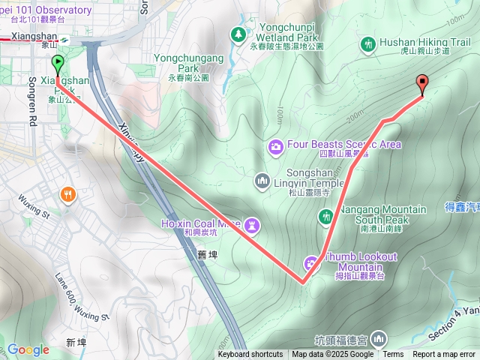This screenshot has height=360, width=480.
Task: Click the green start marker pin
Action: point(58,65)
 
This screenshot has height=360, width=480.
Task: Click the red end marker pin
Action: point(421,84)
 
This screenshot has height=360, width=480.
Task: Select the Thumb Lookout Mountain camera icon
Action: point(311,262)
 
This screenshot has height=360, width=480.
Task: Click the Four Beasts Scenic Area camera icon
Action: point(275,145)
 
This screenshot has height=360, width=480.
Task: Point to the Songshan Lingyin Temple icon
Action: point(262,180)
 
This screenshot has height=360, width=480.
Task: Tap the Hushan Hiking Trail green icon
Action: point(367,44)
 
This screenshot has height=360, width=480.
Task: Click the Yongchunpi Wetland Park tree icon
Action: point(238,34)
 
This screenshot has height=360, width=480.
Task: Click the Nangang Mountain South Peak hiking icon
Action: point(325,217)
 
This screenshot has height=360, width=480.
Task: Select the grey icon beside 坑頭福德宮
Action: point(379,338)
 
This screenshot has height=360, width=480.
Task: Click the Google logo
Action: point(27,349)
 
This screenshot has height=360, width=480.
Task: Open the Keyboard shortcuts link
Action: point(250,355)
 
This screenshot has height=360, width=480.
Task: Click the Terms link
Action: point(393,355)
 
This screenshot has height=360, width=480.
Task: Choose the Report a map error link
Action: point(444,355)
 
